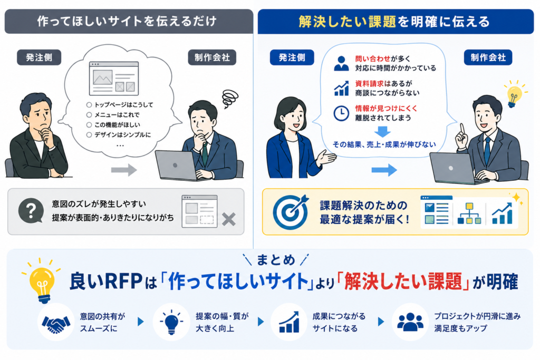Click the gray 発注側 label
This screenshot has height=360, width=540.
point(39,57)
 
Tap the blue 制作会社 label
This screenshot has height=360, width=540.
point(488,57)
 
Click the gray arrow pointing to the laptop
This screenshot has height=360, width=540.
point(124,170)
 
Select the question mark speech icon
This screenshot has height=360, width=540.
point(31,210)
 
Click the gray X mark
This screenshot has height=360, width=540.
point(229,219)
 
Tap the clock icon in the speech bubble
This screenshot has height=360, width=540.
point(341,113)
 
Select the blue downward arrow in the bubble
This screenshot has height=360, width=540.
point(382,132)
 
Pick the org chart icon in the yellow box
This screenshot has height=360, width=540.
point(469,213)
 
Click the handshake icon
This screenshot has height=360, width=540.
point(56,323)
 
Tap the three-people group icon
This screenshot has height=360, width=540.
point(410,322)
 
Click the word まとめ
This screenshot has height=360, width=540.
point(276,260)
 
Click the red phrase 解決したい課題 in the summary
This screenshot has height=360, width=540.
point(403,281)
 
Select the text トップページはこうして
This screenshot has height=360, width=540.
point(123,105)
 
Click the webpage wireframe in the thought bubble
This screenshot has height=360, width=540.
point(114,79)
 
